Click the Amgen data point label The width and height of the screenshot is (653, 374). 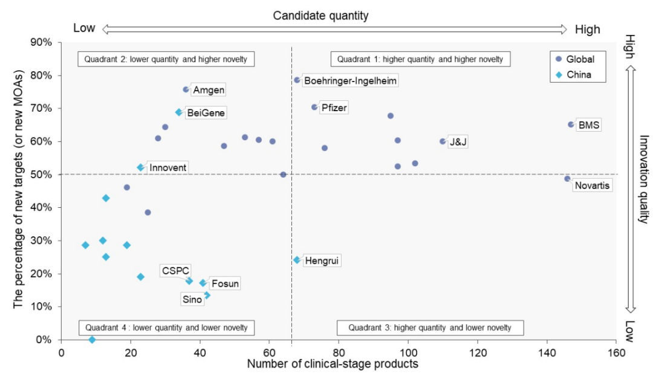tap(209, 90)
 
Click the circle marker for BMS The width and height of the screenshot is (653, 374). tap(571, 124)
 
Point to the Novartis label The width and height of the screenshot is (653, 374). tap(593, 185)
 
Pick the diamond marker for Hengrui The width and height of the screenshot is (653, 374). tap(297, 260)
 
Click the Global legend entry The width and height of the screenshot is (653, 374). tap(575, 59)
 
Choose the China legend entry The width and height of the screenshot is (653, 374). tap(574, 75)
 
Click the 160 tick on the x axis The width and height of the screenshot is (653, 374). tap(616, 351)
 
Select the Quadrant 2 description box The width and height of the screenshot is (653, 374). tap(166, 59)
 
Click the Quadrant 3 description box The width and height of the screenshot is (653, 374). tap(430, 327)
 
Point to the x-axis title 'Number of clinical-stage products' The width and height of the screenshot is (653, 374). tap(333, 364)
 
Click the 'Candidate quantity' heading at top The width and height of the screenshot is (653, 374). tap(329, 16)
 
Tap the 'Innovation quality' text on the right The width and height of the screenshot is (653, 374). tap(643, 179)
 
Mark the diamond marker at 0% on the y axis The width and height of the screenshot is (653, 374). tap(92, 340)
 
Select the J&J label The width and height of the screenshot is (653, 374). tap(458, 143)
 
